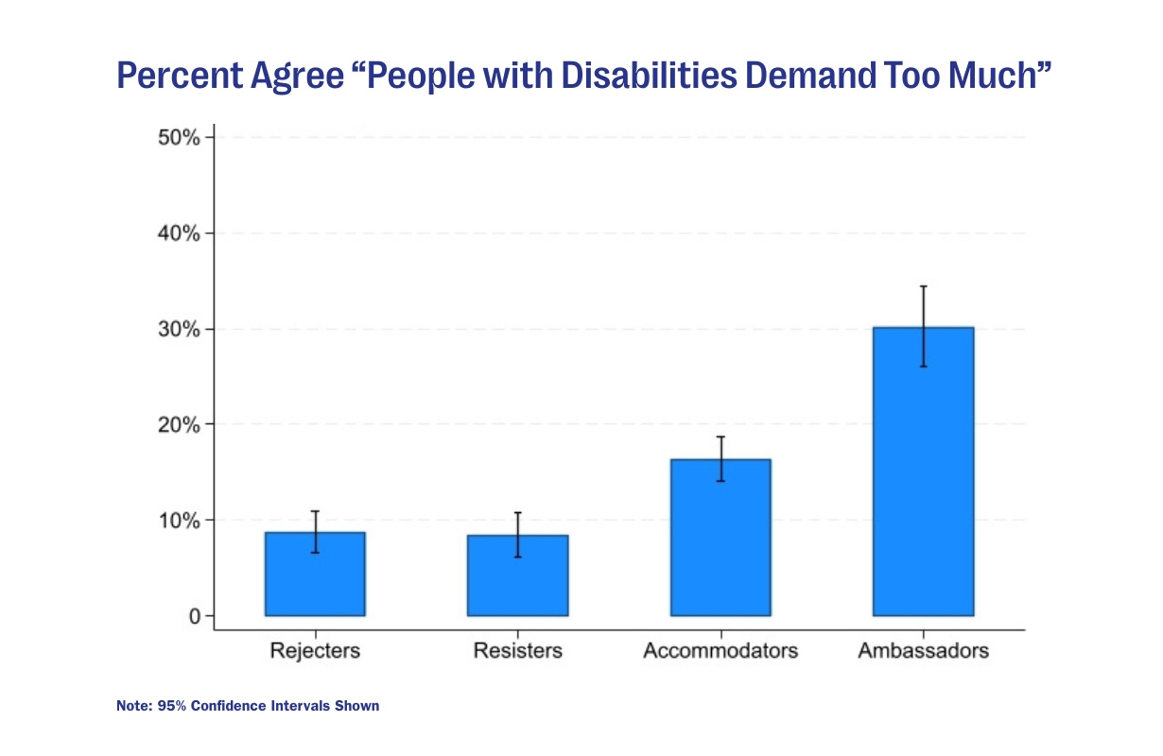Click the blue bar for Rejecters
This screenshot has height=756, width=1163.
pos(315,575)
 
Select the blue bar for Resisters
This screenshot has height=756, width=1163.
pos(518,576)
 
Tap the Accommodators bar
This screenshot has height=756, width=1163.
pos(720,538)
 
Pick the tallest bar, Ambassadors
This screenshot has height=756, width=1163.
pos(923,472)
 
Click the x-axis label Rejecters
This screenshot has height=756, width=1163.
pos(315,651)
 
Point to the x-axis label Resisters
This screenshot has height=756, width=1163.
pos(518,651)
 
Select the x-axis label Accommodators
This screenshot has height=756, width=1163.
pos(720,651)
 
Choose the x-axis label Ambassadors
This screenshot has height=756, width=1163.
pos(923,651)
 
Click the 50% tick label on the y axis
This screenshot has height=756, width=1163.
pos(179,138)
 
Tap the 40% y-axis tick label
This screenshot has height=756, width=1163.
pos(179,233)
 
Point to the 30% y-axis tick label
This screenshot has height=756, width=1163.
pos(179,330)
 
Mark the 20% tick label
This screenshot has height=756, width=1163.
pos(179,425)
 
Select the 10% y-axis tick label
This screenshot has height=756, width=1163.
pos(179,521)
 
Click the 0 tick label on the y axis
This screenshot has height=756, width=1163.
pos(194,617)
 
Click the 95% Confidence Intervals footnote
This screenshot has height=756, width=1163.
pos(248,706)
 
